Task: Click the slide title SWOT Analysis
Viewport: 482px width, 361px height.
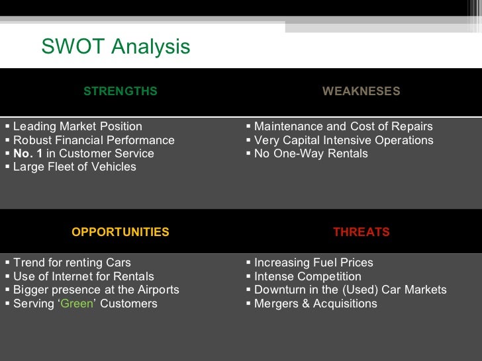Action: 115,47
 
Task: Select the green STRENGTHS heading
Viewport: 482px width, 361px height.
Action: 120,91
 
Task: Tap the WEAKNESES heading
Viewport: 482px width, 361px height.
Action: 361,91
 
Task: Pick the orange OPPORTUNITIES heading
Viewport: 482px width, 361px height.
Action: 120,232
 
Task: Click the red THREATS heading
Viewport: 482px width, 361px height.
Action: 361,232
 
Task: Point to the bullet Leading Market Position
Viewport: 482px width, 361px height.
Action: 77,126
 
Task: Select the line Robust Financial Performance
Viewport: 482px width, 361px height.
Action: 93,140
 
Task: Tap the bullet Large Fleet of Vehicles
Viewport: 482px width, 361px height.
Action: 74,167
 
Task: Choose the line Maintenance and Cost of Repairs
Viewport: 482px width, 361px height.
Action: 343,126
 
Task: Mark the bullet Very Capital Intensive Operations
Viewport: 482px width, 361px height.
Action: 344,140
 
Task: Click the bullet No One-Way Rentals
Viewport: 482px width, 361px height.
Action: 311,153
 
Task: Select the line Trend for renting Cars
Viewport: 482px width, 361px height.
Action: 72,262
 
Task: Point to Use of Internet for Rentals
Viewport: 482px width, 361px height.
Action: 83,276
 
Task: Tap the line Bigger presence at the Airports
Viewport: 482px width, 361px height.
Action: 96,290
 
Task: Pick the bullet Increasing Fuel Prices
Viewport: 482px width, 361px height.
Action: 313,262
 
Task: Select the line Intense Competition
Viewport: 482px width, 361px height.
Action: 307,276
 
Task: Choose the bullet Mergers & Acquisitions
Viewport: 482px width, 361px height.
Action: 315,303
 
